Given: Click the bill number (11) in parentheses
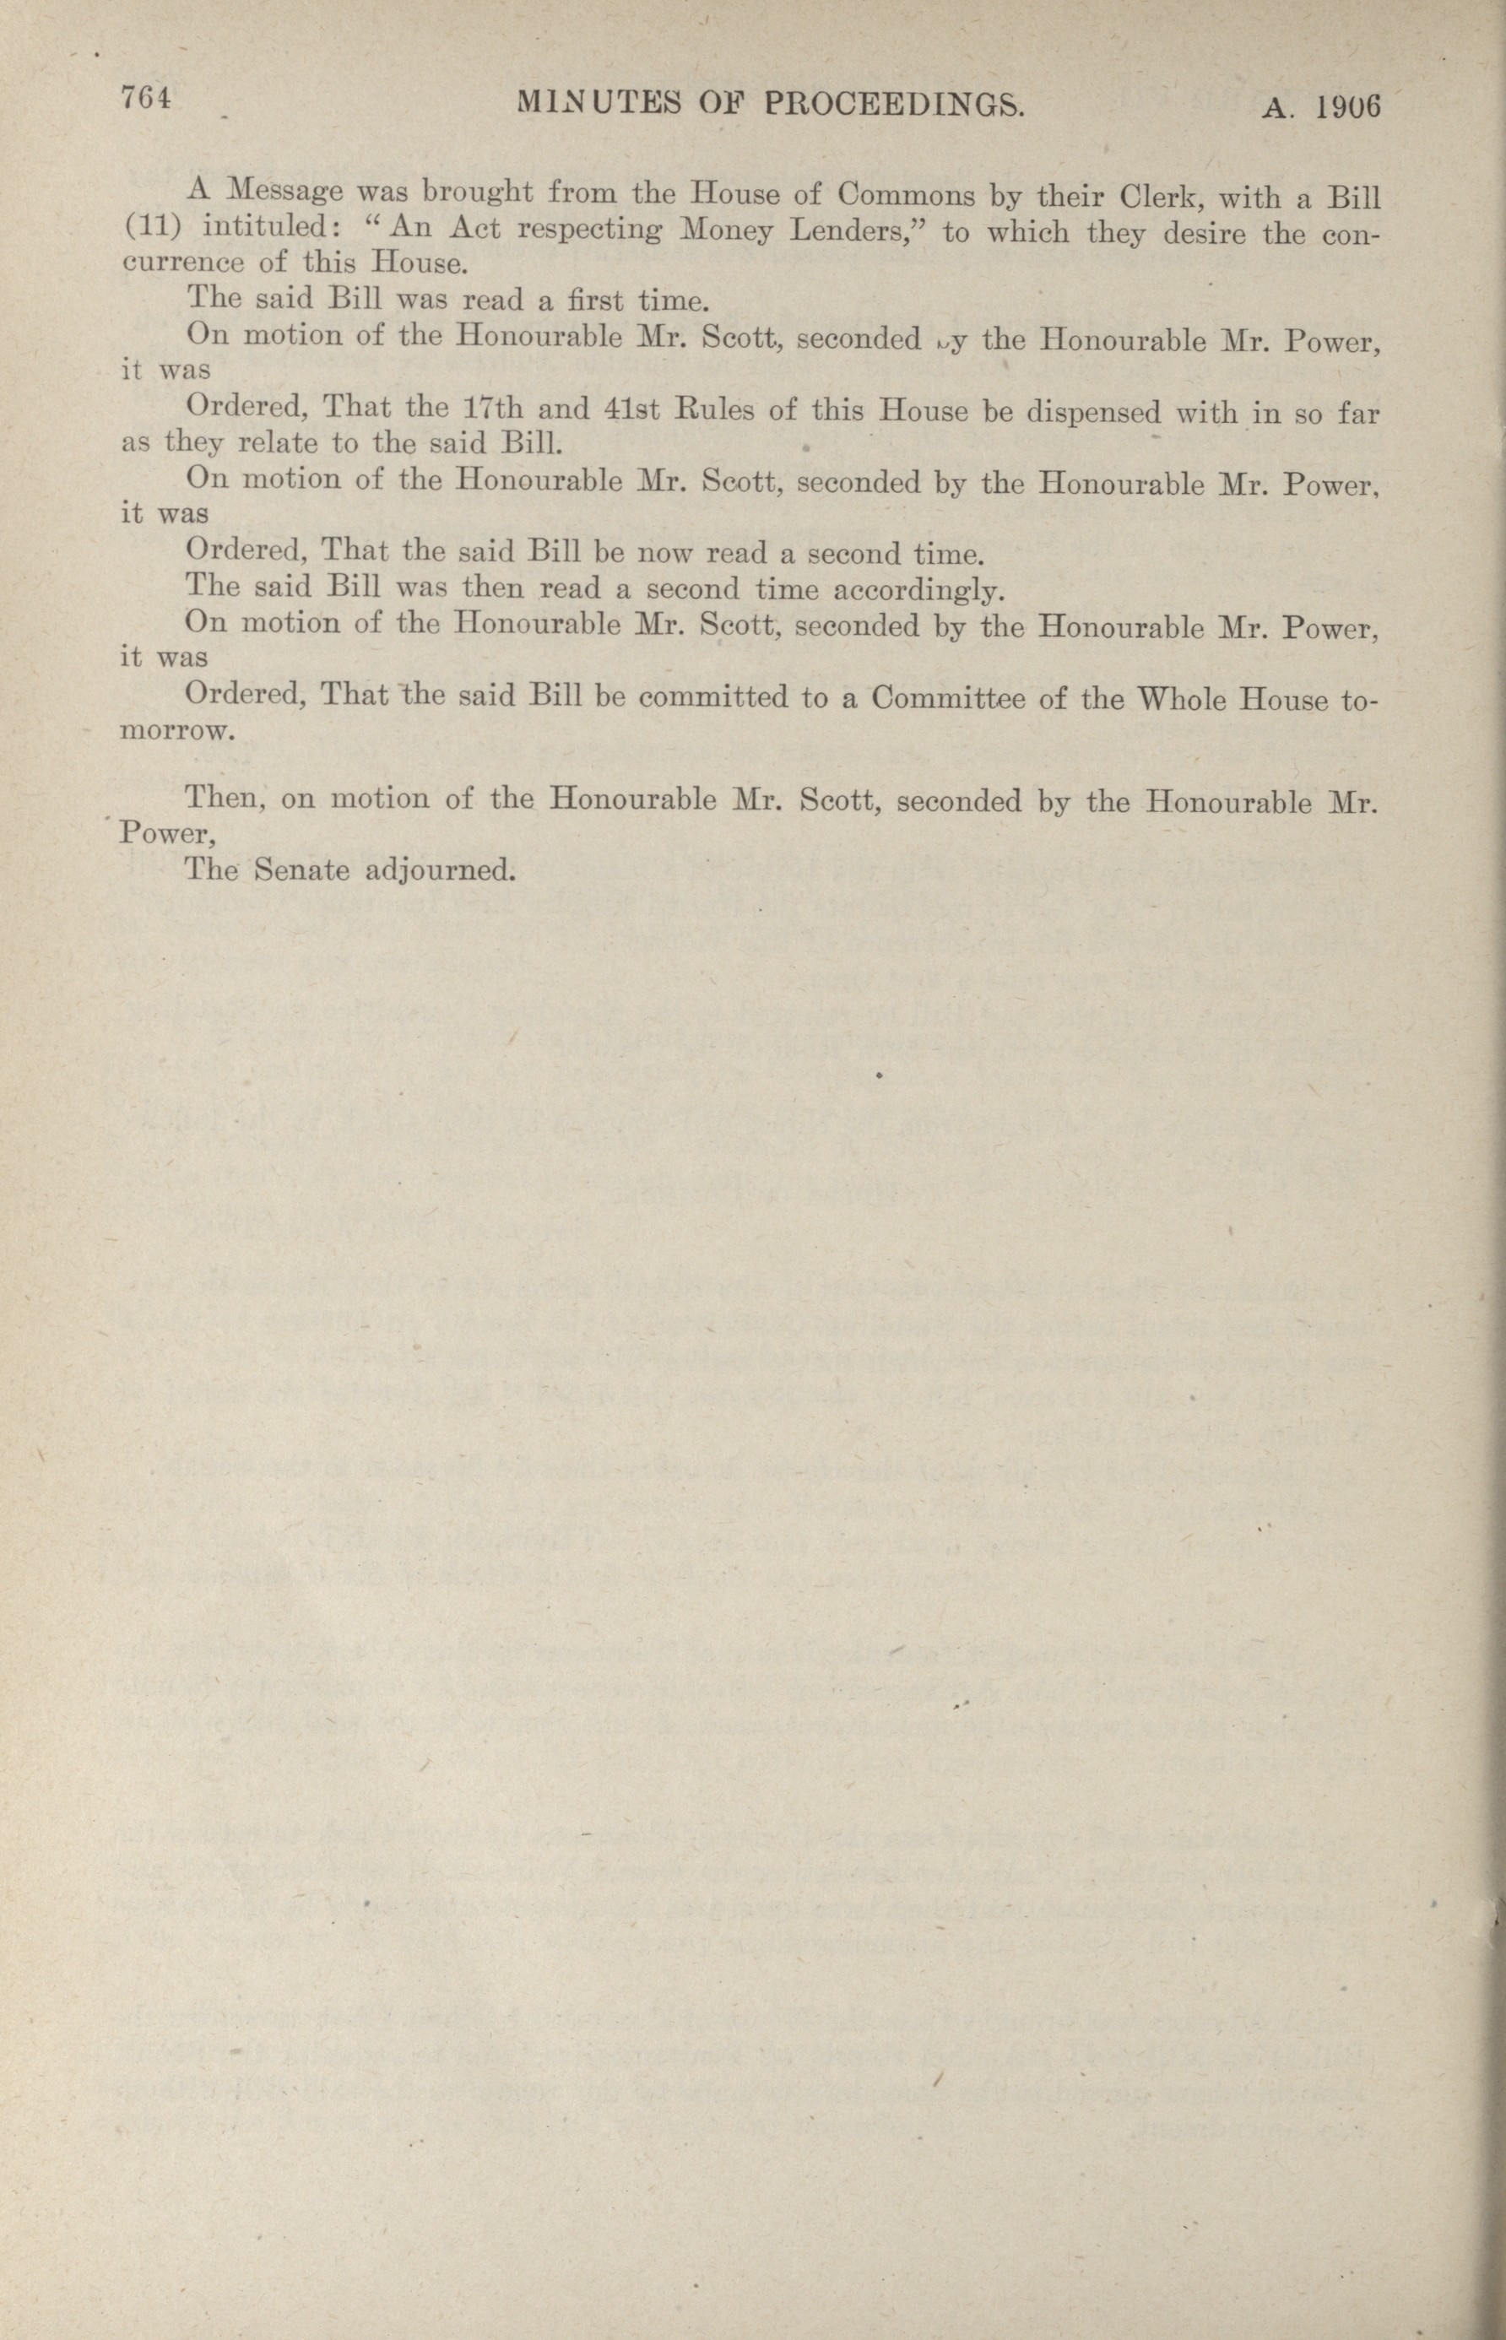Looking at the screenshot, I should [149, 227].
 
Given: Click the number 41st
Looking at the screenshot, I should [631, 408].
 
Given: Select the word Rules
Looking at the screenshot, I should [714, 408].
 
